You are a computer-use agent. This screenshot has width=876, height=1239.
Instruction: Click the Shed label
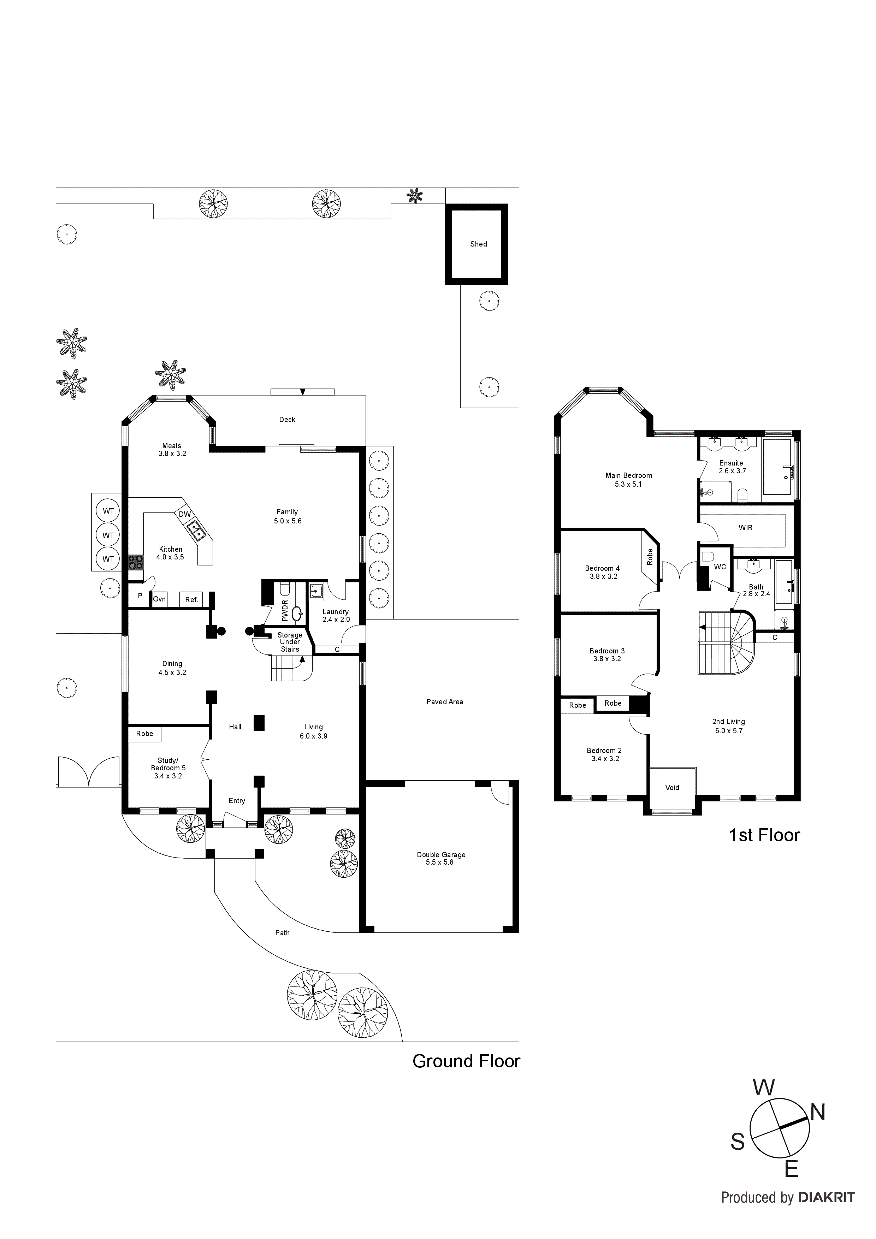pyautogui.click(x=478, y=244)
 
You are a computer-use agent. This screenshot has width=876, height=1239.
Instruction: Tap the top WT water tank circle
pyautogui.click(x=108, y=511)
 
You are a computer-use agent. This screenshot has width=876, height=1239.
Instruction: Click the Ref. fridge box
pyautogui.click(x=191, y=599)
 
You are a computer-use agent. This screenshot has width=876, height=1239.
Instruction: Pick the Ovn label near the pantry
pyautogui.click(x=159, y=599)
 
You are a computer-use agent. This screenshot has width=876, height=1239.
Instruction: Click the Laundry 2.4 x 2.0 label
pyautogui.click(x=336, y=615)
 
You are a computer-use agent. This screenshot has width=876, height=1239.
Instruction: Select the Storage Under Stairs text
pyautogui.click(x=290, y=642)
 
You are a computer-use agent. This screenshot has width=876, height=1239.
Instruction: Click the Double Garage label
pyautogui.click(x=440, y=858)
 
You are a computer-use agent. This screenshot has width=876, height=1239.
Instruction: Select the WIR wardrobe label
pyautogui.click(x=745, y=528)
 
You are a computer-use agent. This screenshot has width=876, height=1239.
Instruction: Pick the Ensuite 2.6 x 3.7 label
pyautogui.click(x=731, y=467)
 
